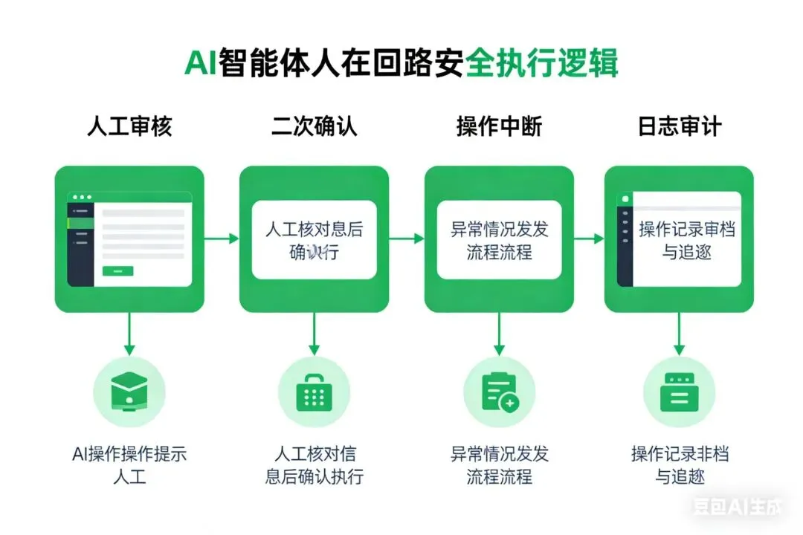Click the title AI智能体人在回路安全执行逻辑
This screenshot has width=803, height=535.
coord(401,63)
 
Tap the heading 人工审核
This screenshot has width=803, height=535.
coord(129,126)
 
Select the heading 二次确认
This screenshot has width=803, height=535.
coord(314,126)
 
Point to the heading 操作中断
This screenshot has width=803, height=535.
coord(499,126)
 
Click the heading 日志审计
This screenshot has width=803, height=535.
coord(679,126)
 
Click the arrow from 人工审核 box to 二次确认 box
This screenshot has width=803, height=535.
coord(222,239)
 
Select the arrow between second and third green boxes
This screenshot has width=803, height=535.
coord(407,239)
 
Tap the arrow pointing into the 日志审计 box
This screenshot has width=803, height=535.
coord(589,239)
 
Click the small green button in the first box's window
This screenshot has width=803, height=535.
coord(117,270)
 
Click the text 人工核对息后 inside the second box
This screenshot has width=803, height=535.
coord(314,230)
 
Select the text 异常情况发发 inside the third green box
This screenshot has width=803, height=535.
coord(499,230)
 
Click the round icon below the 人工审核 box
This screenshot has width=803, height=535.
coord(129,392)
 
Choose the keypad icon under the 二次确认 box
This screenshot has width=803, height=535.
coord(314,392)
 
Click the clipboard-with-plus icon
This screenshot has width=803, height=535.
coord(499,392)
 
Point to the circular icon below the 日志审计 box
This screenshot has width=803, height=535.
coord(679,392)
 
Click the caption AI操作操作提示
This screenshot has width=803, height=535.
coord(129,453)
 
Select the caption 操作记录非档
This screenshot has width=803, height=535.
coord(680,453)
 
